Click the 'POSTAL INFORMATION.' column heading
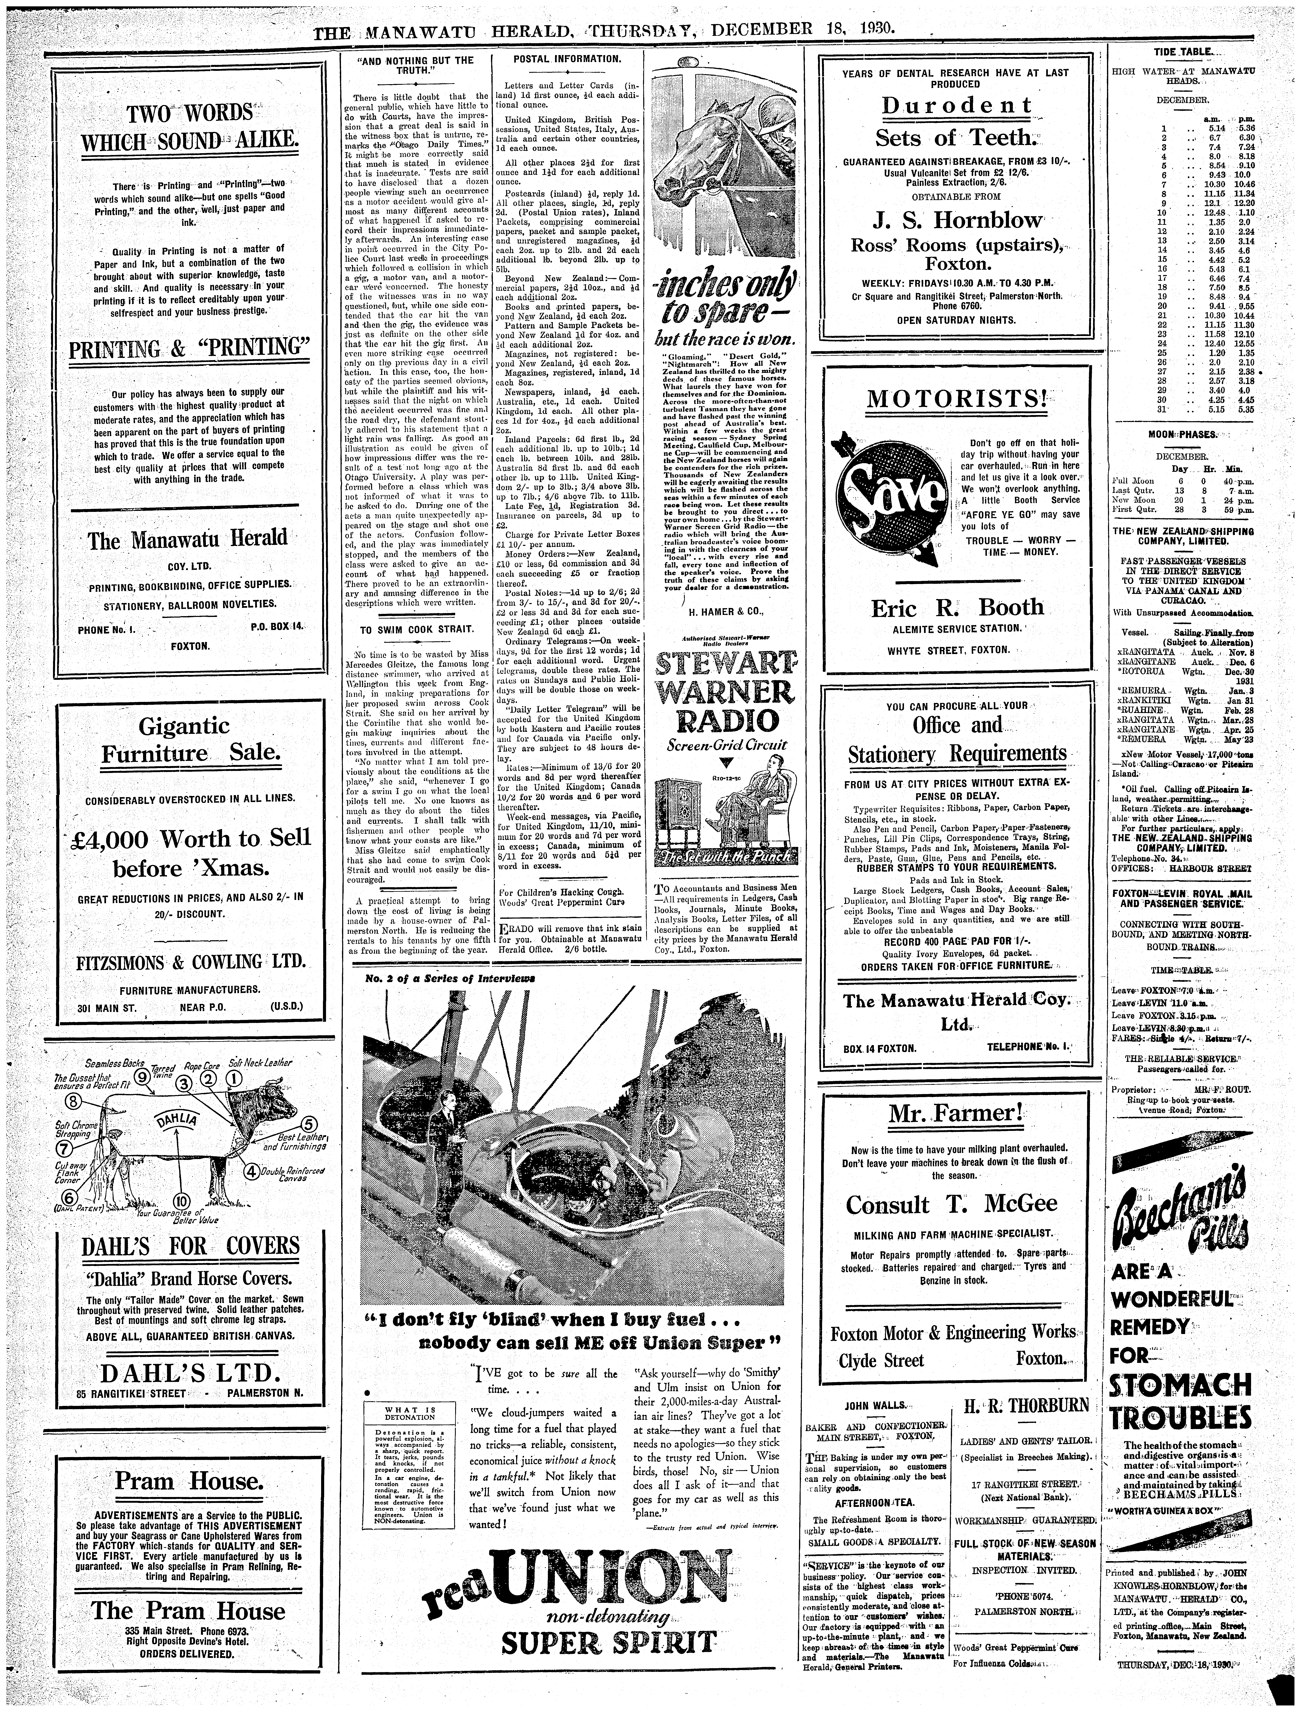coord(567,60)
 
